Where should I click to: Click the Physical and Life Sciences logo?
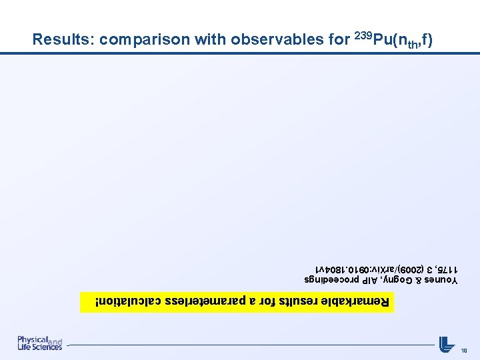pyautogui.click(x=40, y=343)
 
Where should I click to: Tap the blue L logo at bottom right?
pyautogui.click(x=446, y=344)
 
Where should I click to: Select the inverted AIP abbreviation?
pyautogui.click(x=367, y=280)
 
